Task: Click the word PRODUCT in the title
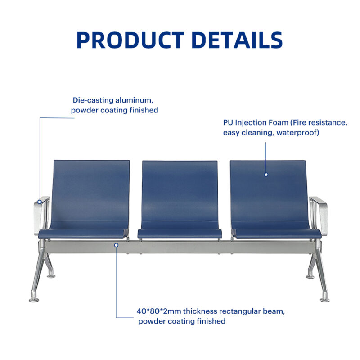[130, 40]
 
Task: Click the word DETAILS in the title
[237, 40]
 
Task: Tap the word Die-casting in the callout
[93, 100]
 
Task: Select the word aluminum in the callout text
[134, 100]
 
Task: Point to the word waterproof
[297, 133]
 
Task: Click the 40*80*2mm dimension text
[159, 311]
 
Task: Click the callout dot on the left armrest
[40, 202]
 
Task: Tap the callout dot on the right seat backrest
[266, 175]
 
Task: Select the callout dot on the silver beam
[116, 245]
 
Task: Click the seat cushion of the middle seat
[180, 234]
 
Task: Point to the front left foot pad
[34, 300]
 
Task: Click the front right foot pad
[325, 300]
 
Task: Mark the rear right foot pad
[310, 277]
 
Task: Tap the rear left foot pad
[51, 276]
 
